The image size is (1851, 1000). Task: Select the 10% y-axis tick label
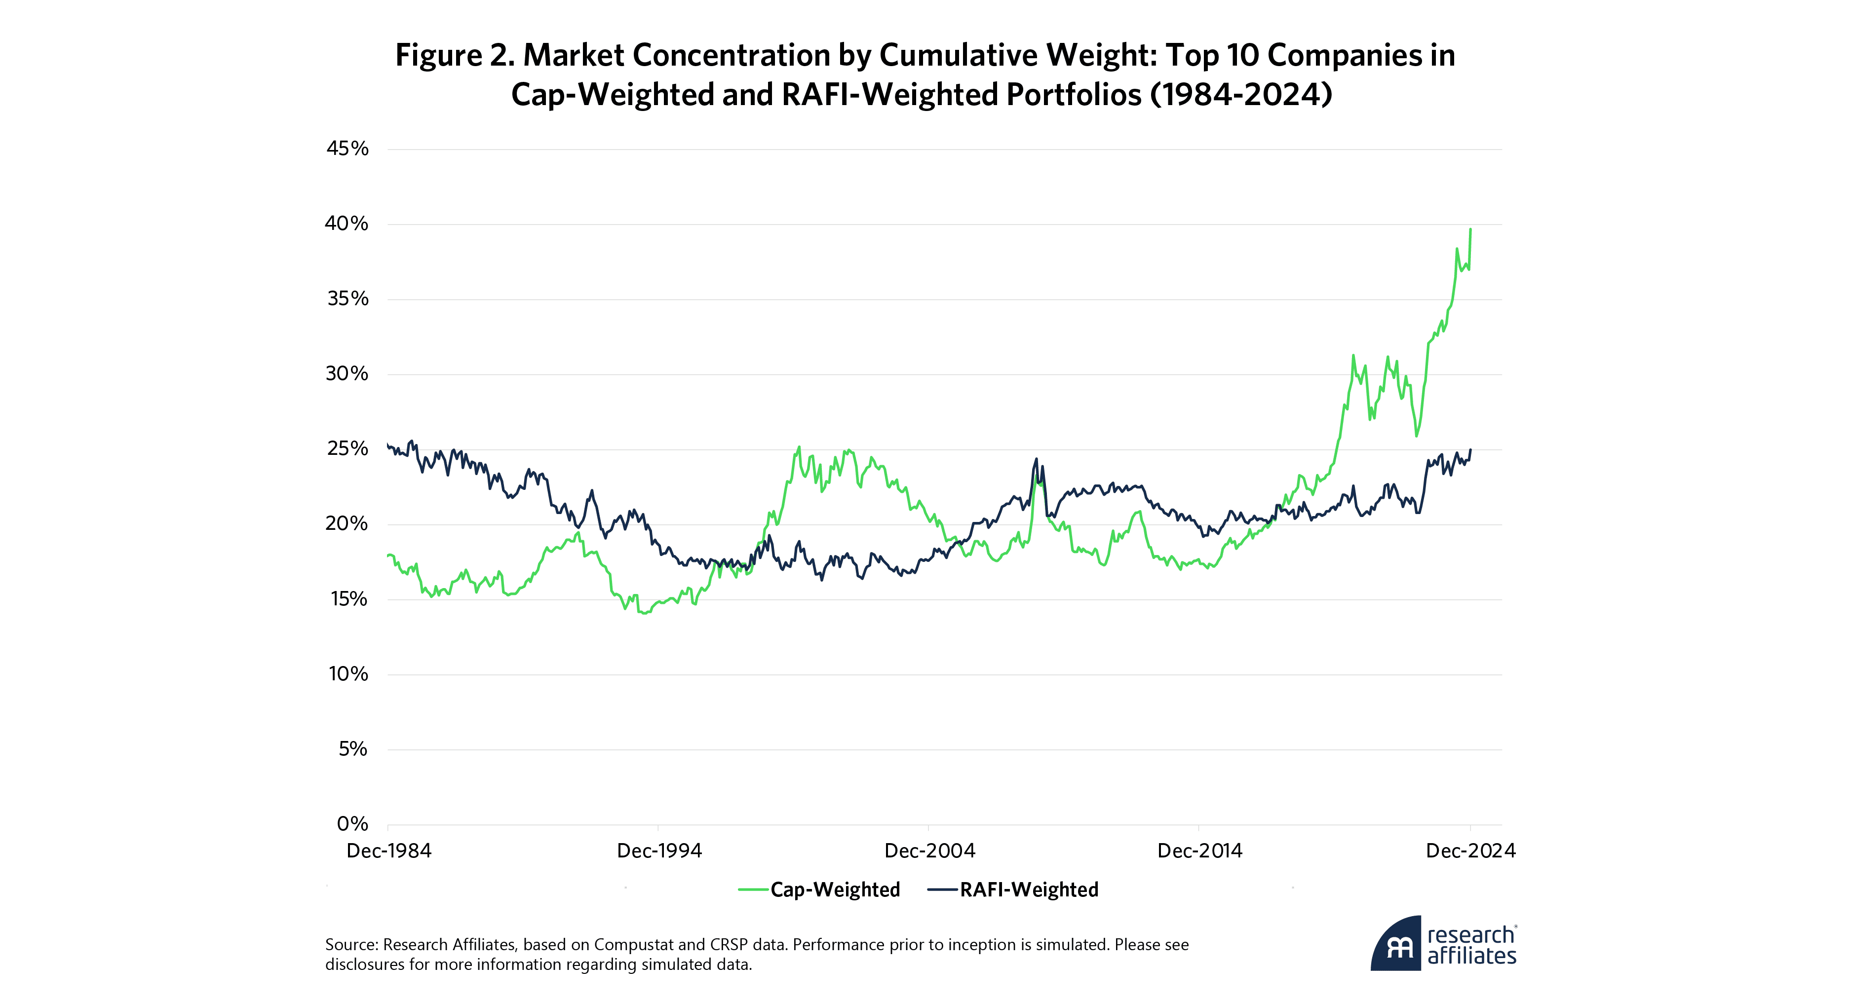pyautogui.click(x=348, y=674)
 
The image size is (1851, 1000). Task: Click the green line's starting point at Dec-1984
pyautogui.click(x=388, y=556)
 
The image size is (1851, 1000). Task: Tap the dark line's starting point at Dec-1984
pyautogui.click(x=388, y=444)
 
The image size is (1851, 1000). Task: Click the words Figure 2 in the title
pyautogui.click(x=454, y=55)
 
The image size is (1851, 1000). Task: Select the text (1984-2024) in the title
pyautogui.click(x=1241, y=95)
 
